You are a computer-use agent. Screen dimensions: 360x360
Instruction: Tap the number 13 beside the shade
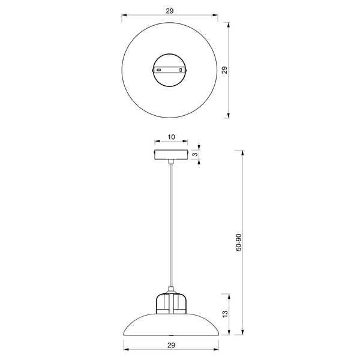click(225, 313)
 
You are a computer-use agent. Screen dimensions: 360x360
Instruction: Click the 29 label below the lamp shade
click(171, 345)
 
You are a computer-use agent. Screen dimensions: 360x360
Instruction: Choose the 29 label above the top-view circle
click(171, 11)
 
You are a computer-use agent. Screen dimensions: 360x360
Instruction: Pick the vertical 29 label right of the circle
click(225, 70)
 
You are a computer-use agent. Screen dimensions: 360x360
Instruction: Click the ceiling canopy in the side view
click(171, 154)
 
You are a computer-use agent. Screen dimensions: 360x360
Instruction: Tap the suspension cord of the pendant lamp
click(171, 228)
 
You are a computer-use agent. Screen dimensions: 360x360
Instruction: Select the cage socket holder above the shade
click(171, 304)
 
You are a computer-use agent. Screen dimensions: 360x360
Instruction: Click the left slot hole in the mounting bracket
click(159, 70)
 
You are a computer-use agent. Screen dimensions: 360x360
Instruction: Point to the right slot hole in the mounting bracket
click(183, 70)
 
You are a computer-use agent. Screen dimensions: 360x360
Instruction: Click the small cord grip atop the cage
click(171, 290)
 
